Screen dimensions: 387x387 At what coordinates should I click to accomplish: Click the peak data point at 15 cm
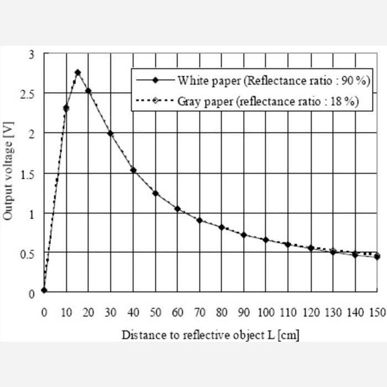(x=77, y=72)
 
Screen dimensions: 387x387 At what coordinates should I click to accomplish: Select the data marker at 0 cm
(x=44, y=290)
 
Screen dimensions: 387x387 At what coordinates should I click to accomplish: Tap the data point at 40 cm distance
(x=133, y=170)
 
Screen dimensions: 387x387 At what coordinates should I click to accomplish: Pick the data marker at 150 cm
(x=377, y=257)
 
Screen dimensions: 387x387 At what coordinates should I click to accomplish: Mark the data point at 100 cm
(x=266, y=240)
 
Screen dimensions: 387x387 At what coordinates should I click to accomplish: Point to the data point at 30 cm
(x=111, y=133)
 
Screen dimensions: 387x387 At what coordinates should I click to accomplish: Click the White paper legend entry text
(x=273, y=81)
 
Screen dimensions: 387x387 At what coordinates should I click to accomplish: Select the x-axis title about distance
(x=211, y=335)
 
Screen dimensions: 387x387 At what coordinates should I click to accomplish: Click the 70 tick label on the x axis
(x=200, y=312)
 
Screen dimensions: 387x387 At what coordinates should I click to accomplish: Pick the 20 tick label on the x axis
(x=88, y=312)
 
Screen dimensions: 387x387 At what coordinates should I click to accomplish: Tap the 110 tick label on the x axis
(x=287, y=312)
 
